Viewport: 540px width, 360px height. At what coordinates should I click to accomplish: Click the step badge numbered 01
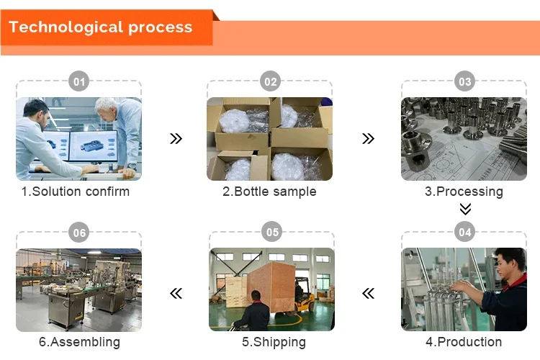click(x=79, y=82)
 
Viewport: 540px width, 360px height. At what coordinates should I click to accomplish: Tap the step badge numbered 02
click(x=270, y=82)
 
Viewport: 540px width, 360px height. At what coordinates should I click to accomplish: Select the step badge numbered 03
click(x=464, y=82)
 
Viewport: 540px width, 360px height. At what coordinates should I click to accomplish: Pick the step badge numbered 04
click(x=464, y=233)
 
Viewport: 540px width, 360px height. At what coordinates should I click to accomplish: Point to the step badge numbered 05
click(x=271, y=233)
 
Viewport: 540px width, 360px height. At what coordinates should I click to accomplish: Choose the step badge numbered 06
click(x=79, y=233)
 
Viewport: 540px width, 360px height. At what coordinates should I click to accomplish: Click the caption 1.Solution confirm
click(x=76, y=192)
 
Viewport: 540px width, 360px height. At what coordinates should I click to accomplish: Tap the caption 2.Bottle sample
click(x=269, y=192)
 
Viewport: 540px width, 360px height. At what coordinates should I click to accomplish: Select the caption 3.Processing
click(x=464, y=192)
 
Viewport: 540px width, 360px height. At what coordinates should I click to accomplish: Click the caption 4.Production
click(x=464, y=342)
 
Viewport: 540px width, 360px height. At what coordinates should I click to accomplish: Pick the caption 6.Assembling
click(x=79, y=342)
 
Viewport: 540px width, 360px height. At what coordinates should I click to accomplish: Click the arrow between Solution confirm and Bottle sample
click(x=176, y=138)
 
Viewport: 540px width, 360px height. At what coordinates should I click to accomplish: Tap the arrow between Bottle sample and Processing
click(x=368, y=138)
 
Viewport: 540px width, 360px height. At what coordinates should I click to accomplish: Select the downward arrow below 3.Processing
click(x=465, y=209)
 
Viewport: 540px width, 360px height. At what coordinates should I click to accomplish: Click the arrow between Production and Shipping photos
click(x=368, y=293)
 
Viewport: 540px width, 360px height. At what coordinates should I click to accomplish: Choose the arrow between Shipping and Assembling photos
click(x=176, y=293)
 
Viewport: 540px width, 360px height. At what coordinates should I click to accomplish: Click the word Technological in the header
click(x=65, y=28)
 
